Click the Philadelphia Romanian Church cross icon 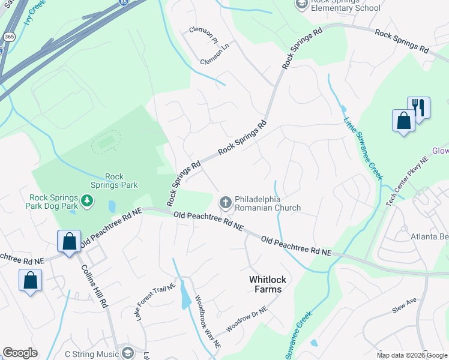[x=226, y=202]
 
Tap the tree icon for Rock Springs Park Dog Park [x=88, y=199]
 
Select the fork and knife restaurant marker [x=418, y=109]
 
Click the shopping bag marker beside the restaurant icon [x=404, y=119]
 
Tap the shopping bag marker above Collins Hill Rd [x=69, y=242]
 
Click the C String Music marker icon [x=127, y=353]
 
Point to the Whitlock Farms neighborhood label [x=265, y=284]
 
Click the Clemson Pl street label [x=203, y=34]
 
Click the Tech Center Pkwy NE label [x=408, y=179]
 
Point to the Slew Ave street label [x=404, y=305]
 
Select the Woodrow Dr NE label [x=246, y=320]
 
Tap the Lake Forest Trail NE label [x=154, y=302]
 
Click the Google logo [x=20, y=352]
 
